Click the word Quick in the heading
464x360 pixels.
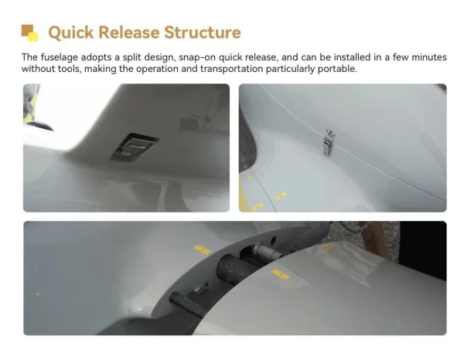point(70,32)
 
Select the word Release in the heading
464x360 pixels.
point(128,32)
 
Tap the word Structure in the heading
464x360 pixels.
point(203,32)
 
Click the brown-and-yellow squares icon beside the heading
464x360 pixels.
point(29,33)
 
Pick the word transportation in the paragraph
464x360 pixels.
point(232,69)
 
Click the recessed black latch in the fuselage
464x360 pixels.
point(134,147)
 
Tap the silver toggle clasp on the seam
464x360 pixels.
point(329,142)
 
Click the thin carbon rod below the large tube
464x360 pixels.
point(189,303)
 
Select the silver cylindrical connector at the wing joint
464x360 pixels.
point(266,251)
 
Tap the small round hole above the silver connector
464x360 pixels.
point(273,239)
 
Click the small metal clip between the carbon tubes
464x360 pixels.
point(202,287)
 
